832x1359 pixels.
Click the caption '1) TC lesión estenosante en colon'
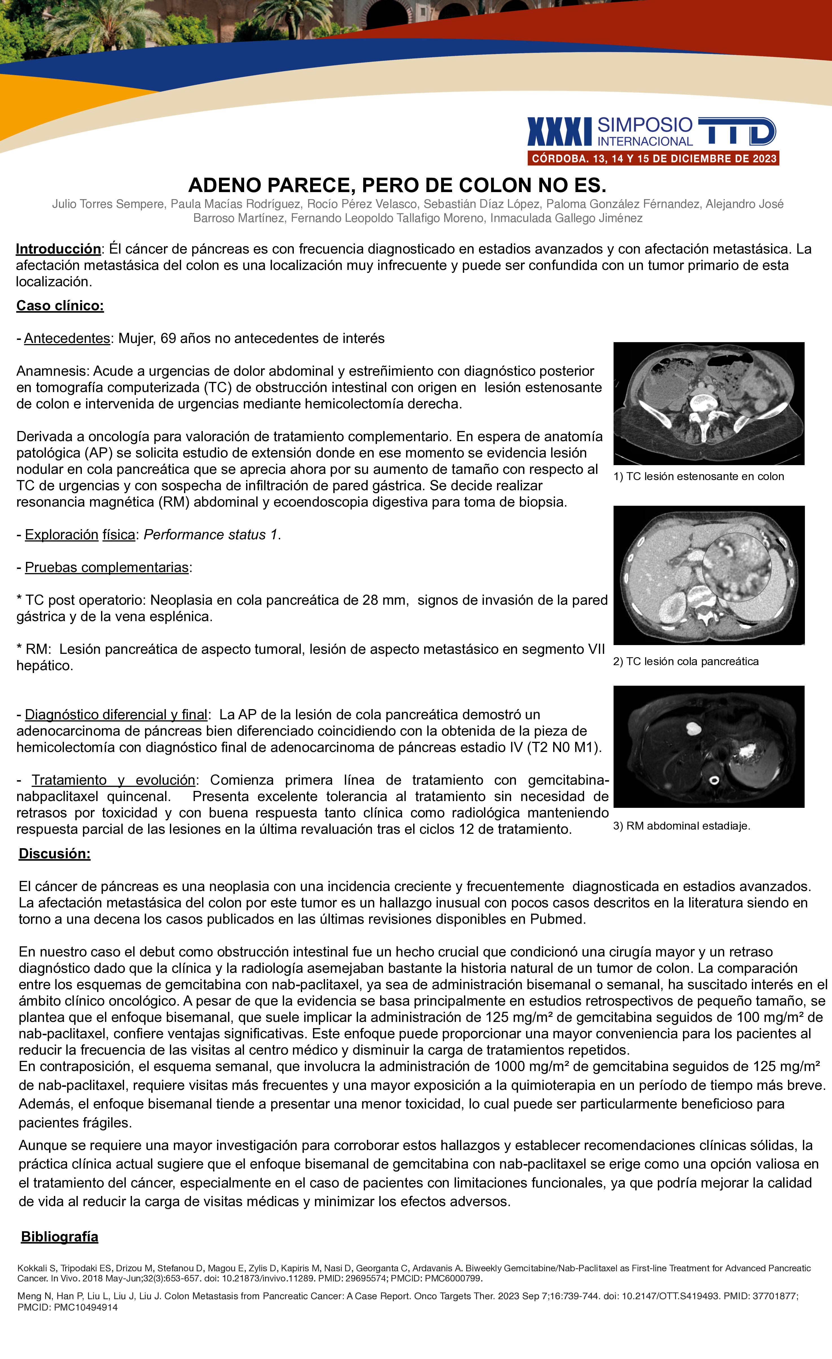(x=698, y=476)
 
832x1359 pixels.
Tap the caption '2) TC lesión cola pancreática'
(x=685, y=661)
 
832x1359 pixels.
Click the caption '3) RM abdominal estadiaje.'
(x=681, y=826)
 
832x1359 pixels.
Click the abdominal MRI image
(x=708, y=746)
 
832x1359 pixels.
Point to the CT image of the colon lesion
(x=708, y=403)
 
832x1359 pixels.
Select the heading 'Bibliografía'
(x=60, y=1237)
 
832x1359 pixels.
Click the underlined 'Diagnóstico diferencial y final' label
(x=116, y=715)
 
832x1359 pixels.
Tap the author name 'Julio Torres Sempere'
(x=108, y=204)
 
